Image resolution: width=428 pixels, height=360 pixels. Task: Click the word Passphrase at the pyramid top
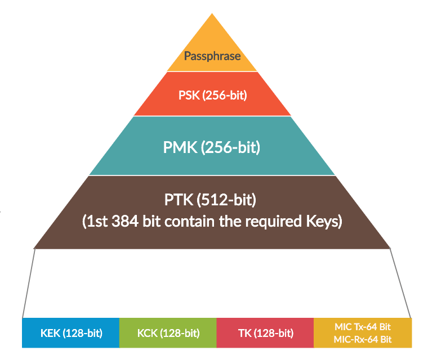(x=212, y=56)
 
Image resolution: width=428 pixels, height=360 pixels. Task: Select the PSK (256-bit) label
(x=212, y=95)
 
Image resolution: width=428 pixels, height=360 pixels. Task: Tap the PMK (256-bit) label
(x=211, y=148)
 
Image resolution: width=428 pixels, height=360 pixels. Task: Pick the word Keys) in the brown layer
(x=322, y=221)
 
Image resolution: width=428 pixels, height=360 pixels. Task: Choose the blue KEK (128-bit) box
(x=71, y=332)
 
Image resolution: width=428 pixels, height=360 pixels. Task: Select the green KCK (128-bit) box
(x=168, y=332)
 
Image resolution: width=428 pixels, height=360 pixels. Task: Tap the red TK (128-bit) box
(x=265, y=332)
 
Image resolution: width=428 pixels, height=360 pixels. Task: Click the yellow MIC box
(x=363, y=332)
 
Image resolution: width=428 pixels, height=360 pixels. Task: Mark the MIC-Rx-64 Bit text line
(x=363, y=339)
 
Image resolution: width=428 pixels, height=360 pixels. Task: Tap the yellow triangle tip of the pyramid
(x=212, y=28)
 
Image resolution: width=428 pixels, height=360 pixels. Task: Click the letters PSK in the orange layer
(x=189, y=95)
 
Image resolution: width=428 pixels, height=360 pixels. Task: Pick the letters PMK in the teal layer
(x=179, y=148)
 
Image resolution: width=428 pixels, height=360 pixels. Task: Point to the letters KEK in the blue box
(x=51, y=332)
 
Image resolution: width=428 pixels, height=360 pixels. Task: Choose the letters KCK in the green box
(x=148, y=332)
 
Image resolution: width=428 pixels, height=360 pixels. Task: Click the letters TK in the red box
(x=244, y=332)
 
